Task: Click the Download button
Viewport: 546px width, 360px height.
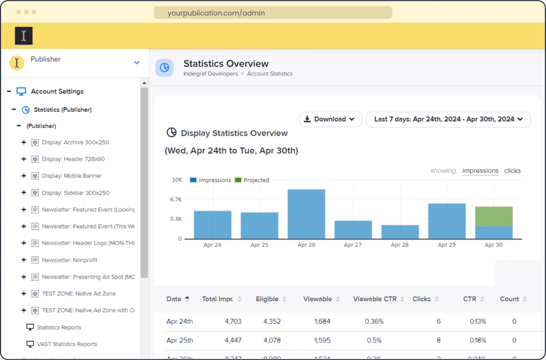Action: [331, 119]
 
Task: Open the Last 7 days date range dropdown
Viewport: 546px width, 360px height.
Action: [448, 119]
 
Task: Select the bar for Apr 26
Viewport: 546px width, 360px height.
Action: [306, 214]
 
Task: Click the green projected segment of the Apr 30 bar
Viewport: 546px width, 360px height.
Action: [493, 216]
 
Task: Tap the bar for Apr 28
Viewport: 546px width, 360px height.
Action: [400, 232]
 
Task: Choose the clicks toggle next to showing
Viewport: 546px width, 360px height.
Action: [512, 171]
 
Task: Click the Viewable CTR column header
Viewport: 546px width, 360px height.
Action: [375, 299]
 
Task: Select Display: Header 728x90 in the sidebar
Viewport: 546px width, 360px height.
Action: [73, 159]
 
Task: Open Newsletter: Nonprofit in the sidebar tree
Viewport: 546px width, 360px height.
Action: [69, 260]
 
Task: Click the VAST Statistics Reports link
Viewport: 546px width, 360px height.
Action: [67, 344]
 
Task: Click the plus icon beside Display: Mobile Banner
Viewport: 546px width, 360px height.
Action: [23, 176]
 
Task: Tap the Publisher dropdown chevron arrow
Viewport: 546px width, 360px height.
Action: [136, 63]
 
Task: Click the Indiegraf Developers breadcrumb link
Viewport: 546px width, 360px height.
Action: [211, 74]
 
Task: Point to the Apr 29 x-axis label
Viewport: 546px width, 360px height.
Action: [446, 245]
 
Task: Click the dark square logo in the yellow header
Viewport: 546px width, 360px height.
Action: [23, 36]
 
